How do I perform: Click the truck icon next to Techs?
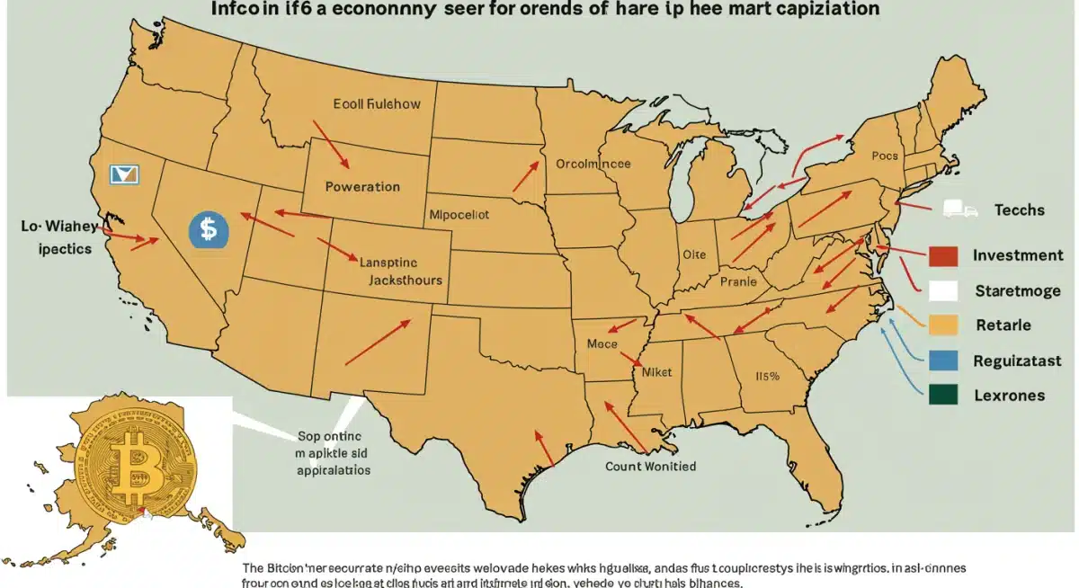point(959,209)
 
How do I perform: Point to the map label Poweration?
point(361,187)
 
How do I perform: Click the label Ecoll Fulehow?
point(377,104)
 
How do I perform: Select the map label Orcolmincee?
point(593,165)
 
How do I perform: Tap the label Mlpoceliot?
point(459,216)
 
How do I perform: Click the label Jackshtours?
point(406,280)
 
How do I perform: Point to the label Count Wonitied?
point(651,467)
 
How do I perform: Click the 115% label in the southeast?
point(766,376)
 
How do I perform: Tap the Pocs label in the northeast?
point(885,156)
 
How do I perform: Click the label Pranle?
point(739,281)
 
